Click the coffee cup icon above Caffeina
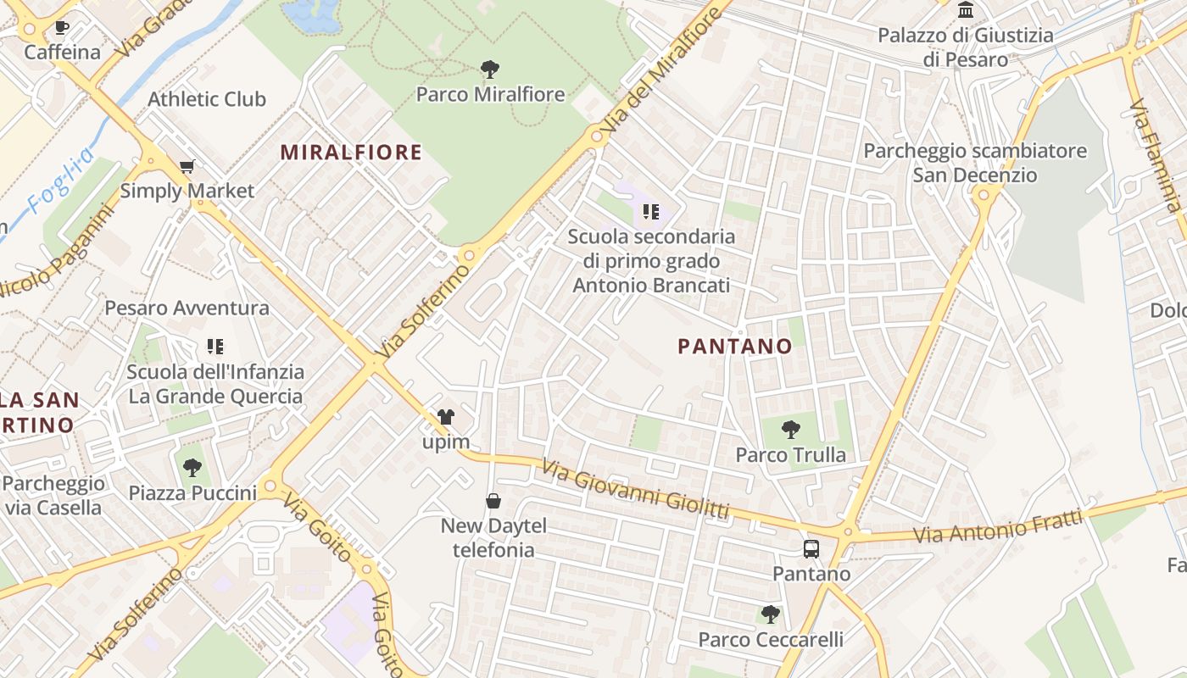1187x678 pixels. coord(62,28)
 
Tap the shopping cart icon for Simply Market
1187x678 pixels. coord(187,166)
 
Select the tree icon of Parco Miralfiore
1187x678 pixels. coord(489,69)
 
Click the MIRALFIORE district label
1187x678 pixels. coord(351,153)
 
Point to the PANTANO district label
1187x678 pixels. coord(735,346)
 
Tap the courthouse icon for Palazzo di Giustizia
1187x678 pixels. coord(966,10)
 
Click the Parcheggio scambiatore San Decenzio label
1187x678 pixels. coord(975,163)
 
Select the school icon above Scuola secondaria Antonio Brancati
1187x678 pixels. coord(650,211)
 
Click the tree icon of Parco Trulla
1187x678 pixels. coord(790,430)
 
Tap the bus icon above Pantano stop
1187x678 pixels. coord(811,548)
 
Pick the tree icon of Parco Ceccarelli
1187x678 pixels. coord(770,614)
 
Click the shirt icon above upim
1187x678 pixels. coord(445,417)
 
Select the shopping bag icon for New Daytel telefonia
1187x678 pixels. coord(493,501)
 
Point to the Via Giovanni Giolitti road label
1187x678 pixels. coord(636,488)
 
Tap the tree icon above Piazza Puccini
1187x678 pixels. coord(192,467)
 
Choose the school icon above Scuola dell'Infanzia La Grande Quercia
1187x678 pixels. coord(215,346)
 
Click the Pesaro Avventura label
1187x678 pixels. coord(187,308)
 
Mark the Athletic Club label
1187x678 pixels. coord(207,99)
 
